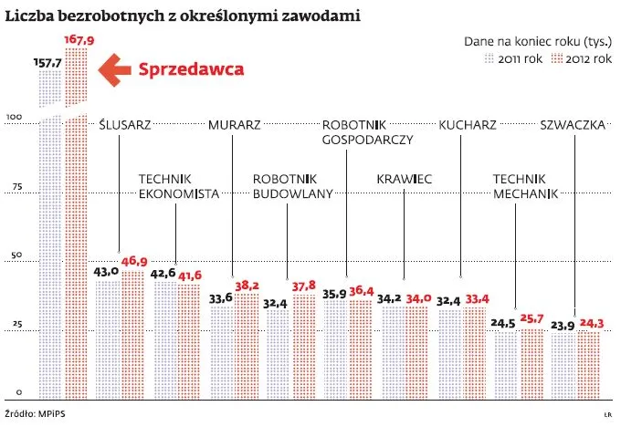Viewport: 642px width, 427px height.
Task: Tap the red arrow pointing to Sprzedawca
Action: pos(113,69)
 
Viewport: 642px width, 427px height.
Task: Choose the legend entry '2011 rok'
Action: pos(516,57)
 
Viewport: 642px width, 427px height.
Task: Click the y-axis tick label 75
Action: pos(15,188)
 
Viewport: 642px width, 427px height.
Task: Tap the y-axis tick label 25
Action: pos(15,326)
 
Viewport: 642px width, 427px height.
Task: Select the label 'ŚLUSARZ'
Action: pos(124,125)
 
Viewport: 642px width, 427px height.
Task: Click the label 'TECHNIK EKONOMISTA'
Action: pos(179,187)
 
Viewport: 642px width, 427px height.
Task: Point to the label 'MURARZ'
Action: pos(235,125)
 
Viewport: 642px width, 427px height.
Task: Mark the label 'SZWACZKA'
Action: pos(573,125)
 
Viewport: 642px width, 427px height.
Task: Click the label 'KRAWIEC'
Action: pos(404,180)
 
